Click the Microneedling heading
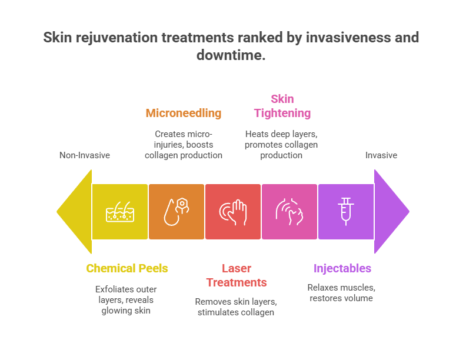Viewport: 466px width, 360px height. pyautogui.click(x=184, y=113)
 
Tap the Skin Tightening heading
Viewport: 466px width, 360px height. pyautogui.click(x=282, y=106)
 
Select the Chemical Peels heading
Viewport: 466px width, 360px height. pyautogui.click(x=127, y=268)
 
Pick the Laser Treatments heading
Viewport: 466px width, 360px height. pyautogui.click(x=237, y=275)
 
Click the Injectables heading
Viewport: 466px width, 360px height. pyautogui.click(x=342, y=268)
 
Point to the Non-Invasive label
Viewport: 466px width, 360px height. pyautogui.click(x=85, y=155)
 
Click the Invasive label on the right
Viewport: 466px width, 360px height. pyautogui.click(x=381, y=155)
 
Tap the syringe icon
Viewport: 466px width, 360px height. pyautogui.click(x=345, y=212)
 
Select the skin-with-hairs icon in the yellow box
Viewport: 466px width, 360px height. pyautogui.click(x=120, y=212)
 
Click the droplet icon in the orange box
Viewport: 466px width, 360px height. pyautogui.click(x=177, y=212)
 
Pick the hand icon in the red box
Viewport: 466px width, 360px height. pyautogui.click(x=233, y=212)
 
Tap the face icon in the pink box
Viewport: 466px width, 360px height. pyautogui.click(x=289, y=212)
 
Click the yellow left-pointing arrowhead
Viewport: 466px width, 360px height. pyautogui.click(x=75, y=212)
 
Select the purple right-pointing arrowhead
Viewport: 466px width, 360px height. pyautogui.click(x=391, y=212)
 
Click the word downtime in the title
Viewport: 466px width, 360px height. pyautogui.click(x=231, y=55)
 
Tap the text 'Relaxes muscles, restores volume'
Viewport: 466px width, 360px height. pyautogui.click(x=341, y=292)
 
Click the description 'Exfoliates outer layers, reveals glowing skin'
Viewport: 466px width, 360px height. pyautogui.click(x=126, y=299)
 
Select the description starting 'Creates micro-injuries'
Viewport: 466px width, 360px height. pyautogui.click(x=184, y=144)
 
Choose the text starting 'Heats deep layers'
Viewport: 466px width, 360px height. pyautogui.click(x=281, y=144)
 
